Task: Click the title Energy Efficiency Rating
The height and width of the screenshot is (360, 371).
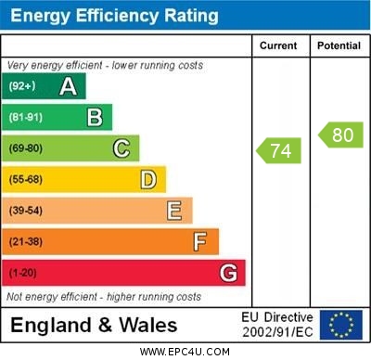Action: (x=114, y=16)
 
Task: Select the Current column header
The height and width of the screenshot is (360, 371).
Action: (x=278, y=45)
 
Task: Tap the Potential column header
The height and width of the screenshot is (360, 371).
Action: (x=339, y=45)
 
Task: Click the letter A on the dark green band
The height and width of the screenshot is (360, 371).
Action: (x=68, y=86)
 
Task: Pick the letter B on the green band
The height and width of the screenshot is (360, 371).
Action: (x=95, y=117)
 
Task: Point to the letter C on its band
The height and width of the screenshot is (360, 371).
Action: (x=122, y=148)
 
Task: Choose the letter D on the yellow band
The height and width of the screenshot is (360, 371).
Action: (x=148, y=179)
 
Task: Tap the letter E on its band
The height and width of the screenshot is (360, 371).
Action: (x=174, y=211)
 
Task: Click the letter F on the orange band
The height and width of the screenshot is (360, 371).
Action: (x=200, y=242)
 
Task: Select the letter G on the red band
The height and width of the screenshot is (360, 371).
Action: (x=228, y=273)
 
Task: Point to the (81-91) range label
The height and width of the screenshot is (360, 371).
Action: (x=25, y=118)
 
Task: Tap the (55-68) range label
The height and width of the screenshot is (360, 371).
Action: (x=25, y=180)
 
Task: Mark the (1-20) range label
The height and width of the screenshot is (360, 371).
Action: (x=22, y=274)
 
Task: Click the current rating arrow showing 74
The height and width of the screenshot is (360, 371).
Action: (x=279, y=149)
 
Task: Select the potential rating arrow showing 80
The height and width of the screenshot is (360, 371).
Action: (x=340, y=135)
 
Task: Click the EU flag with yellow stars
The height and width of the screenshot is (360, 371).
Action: (x=340, y=325)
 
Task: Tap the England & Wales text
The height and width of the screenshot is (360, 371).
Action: (x=94, y=325)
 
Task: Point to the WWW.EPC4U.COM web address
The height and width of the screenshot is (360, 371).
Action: (x=185, y=352)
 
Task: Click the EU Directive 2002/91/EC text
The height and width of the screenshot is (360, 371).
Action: (x=277, y=325)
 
